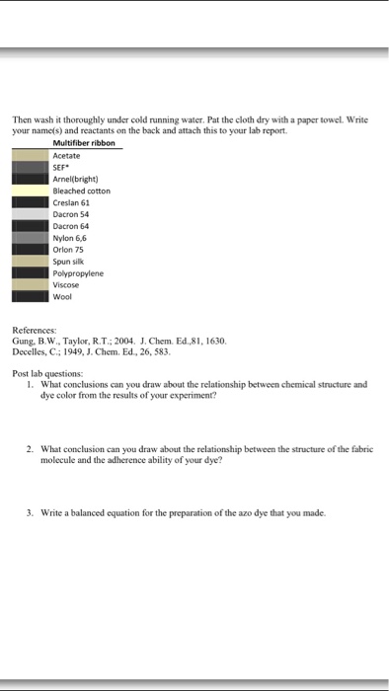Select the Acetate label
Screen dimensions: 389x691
point(67,156)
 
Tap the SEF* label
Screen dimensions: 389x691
point(61,168)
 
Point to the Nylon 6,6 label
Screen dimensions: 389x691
point(71,237)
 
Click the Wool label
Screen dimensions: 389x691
point(63,294)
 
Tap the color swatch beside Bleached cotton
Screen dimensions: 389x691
point(30,191)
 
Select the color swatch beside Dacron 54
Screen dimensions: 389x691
point(30,214)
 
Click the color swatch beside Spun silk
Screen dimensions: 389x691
point(30,260)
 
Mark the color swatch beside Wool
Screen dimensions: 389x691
point(30,294)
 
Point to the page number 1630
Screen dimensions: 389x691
point(214,340)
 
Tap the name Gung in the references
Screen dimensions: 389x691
point(23,340)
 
